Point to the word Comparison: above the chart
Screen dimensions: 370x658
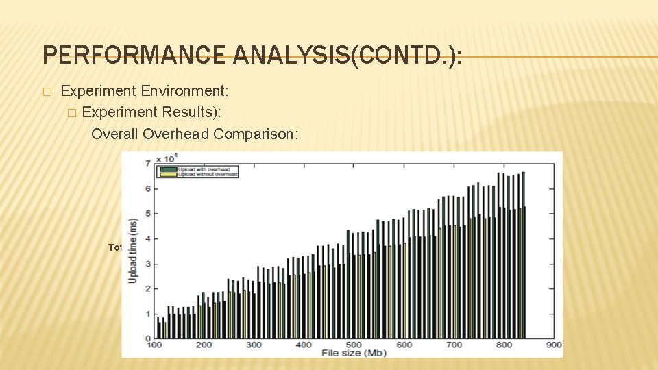click(x=256, y=134)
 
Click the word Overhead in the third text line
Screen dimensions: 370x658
click(x=176, y=134)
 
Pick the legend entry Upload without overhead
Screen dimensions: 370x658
click(x=208, y=175)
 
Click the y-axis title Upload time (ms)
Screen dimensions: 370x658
click(x=133, y=251)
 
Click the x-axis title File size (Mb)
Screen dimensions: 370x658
click(x=352, y=353)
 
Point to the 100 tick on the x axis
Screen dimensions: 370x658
click(x=155, y=345)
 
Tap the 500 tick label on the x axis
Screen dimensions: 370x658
click(x=353, y=345)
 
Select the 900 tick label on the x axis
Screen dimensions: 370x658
click(x=552, y=345)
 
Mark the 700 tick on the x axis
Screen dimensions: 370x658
click(x=453, y=345)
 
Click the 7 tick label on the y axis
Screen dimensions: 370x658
click(x=148, y=163)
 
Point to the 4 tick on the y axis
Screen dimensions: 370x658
click(x=148, y=238)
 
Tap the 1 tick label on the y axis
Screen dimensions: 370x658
click(x=148, y=314)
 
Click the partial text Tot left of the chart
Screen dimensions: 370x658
click(x=114, y=247)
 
